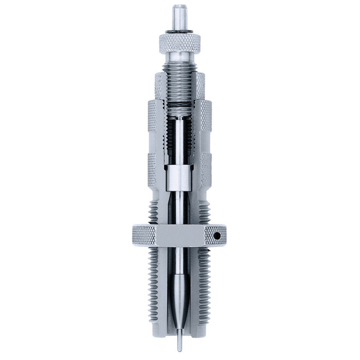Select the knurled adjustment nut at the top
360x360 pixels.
pos(180,40)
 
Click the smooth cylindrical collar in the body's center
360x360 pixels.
pos(181,175)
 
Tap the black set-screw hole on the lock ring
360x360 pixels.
pos(218,237)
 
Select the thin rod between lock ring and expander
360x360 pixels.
pos(180,262)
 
